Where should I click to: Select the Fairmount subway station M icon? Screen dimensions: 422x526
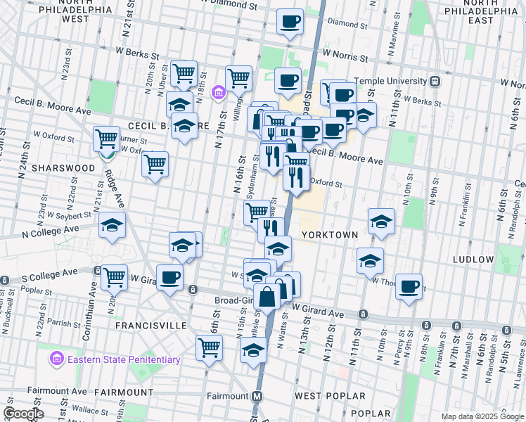(x=257, y=396)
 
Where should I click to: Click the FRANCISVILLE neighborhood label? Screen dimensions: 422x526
(x=150, y=326)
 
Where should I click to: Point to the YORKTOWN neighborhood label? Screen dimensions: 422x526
(x=331, y=234)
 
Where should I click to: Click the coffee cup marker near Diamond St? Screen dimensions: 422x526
(x=290, y=21)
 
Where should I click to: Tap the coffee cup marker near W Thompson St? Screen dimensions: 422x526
(x=409, y=286)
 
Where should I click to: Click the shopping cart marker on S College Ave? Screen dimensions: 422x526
(x=113, y=276)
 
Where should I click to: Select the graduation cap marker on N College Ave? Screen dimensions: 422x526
(x=112, y=225)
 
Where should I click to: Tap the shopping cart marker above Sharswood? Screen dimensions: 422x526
(x=107, y=138)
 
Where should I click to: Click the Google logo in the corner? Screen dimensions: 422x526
(x=23, y=414)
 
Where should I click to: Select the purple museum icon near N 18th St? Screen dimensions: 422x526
(x=218, y=92)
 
